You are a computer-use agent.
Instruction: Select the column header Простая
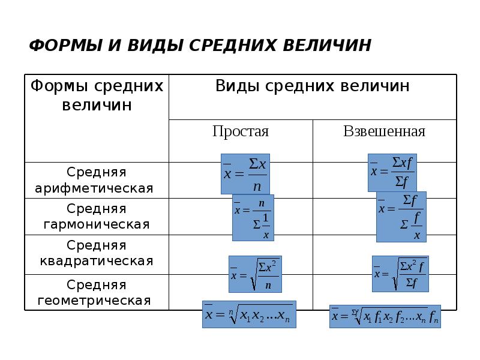pyautogui.click(x=241, y=131)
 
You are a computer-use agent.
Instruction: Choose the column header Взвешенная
pyautogui.click(x=384, y=131)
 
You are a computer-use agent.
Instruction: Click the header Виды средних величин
pyautogui.click(x=312, y=86)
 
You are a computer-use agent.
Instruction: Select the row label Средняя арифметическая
pyautogui.click(x=97, y=180)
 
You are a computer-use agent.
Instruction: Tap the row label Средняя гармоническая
pyautogui.click(x=97, y=217)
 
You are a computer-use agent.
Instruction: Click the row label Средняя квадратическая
pyautogui.click(x=97, y=253)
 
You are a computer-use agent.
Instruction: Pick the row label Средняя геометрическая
pyautogui.click(x=97, y=292)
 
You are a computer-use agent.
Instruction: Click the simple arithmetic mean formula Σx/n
pyautogui.click(x=245, y=173)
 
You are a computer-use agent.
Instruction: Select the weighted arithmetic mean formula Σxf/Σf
pyautogui.click(x=392, y=172)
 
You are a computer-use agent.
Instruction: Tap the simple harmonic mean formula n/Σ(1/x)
pyautogui.click(x=253, y=217)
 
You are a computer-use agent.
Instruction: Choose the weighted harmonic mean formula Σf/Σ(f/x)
pyautogui.click(x=401, y=217)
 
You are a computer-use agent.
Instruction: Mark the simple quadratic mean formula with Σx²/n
pyautogui.click(x=255, y=274)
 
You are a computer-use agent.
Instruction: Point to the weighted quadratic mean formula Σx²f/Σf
pyautogui.click(x=400, y=273)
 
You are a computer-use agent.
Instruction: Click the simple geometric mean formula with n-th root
pyautogui.click(x=248, y=314)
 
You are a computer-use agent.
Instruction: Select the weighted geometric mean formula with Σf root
pyautogui.click(x=385, y=316)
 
